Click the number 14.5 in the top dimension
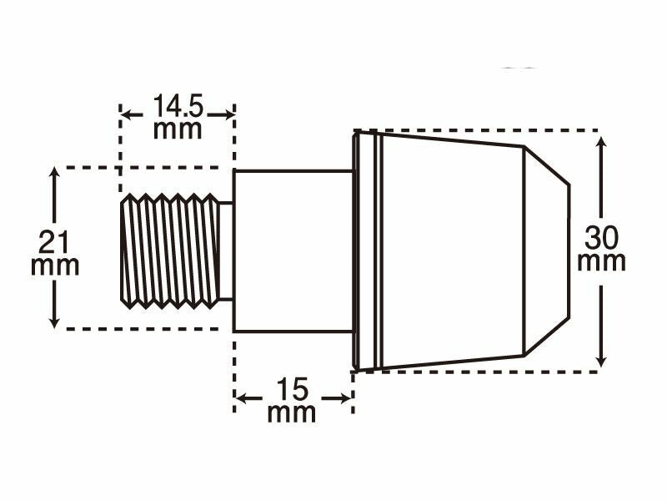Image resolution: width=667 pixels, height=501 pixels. click(178, 106)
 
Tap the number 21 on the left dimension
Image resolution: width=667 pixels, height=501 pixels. click(53, 242)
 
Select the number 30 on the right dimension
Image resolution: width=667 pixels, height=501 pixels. click(601, 238)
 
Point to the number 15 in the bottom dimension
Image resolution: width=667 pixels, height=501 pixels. click(292, 389)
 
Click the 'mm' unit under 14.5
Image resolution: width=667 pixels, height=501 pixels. click(178, 129)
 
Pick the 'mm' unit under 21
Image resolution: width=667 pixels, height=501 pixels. click(55, 266)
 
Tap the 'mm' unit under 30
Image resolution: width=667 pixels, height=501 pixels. click(601, 261)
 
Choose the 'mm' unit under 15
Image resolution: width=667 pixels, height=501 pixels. click(292, 412)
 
